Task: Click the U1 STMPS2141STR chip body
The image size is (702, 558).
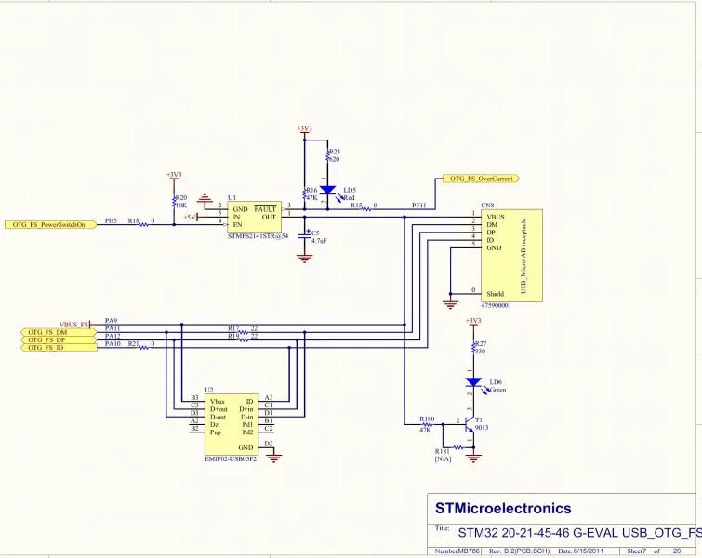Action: tap(254, 217)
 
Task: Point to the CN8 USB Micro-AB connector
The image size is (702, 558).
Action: tap(510, 254)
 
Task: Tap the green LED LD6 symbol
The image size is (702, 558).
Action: tap(473, 382)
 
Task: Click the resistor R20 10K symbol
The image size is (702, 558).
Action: tap(174, 200)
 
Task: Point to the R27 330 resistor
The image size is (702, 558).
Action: tap(474, 349)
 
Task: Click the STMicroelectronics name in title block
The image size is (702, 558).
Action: tap(503, 509)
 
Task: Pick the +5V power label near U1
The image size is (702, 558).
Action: tap(192, 217)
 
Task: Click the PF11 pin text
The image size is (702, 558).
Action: tap(419, 206)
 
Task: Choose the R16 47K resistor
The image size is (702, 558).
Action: tap(305, 193)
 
